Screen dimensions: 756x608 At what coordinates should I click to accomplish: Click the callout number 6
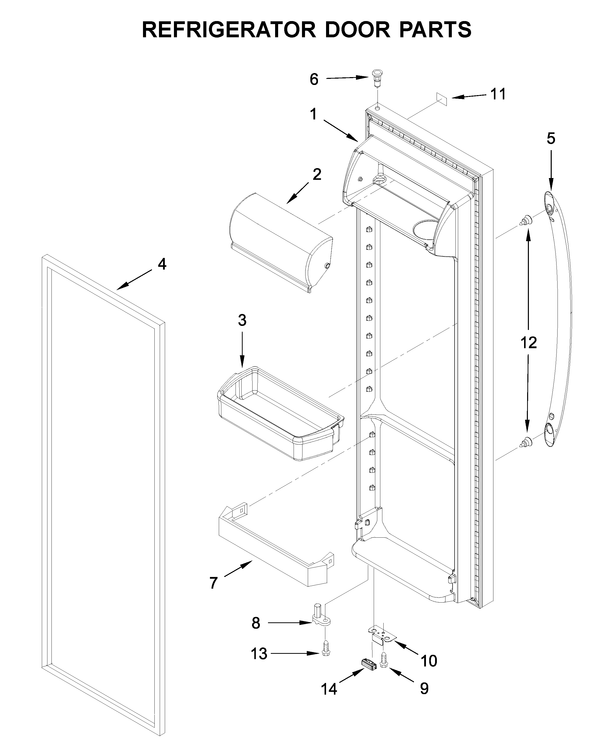tap(314, 80)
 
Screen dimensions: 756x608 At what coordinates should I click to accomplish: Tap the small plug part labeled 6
tap(376, 78)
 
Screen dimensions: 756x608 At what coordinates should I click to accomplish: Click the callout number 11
tap(498, 94)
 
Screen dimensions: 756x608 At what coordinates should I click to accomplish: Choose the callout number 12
tap(528, 343)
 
